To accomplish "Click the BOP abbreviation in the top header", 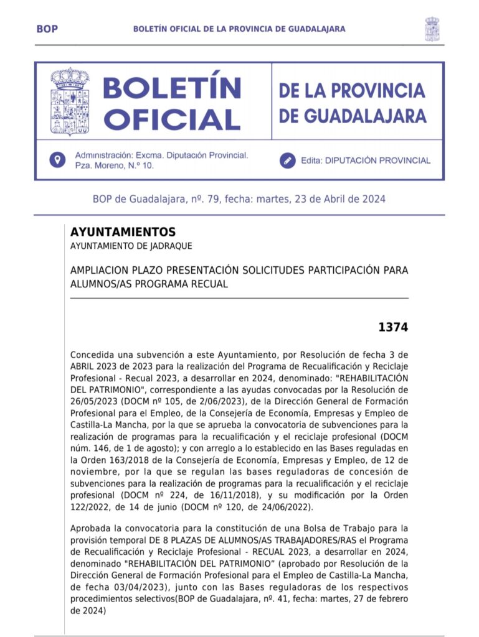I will coord(47,29).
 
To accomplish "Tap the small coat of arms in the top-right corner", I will coord(432,29).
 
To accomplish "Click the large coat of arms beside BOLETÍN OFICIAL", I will coord(69,101).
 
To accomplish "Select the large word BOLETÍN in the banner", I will coord(172,88).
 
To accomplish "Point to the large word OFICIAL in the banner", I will coord(169,119).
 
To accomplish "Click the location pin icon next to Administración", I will coord(57,160).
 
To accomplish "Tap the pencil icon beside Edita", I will coord(287,160).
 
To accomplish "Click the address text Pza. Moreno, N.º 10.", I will coord(114,165).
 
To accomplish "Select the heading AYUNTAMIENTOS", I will coord(123,232).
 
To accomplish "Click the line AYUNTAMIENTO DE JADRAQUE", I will coord(131,246).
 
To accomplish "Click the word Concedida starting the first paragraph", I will coord(93,354).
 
